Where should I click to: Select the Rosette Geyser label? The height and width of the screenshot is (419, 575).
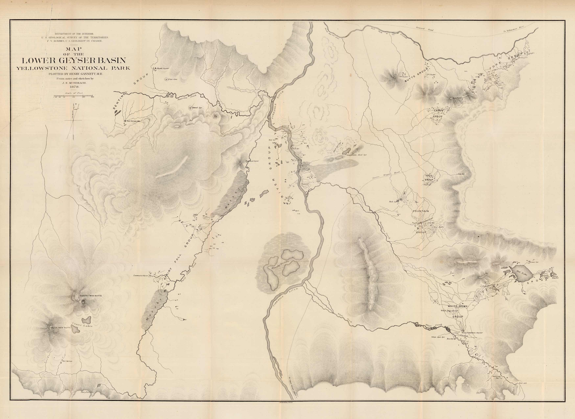pos(163,68)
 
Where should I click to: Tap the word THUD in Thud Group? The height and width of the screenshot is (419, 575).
pos(429,175)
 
